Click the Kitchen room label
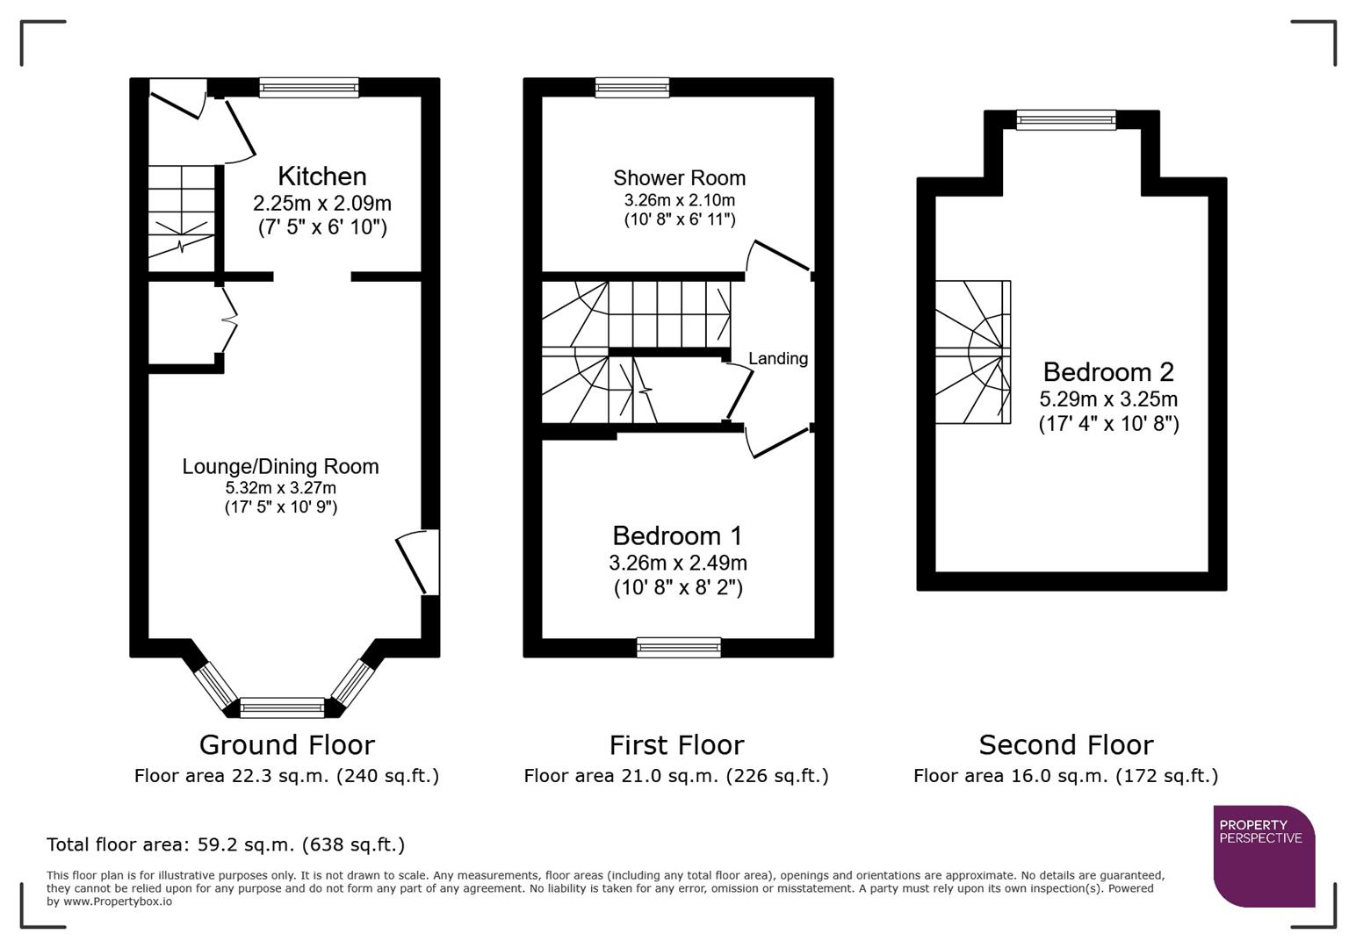coord(321,176)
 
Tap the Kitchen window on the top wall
coord(309,87)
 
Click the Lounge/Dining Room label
coord(280,466)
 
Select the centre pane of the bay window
coord(283,707)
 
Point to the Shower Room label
coord(679,178)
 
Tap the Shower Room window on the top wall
coord(631,87)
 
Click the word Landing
coord(777,358)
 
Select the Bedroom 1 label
coord(677,535)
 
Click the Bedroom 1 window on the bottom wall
coord(679,648)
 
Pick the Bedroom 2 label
coord(1107,371)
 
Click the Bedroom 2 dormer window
coord(1065,119)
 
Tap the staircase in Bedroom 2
coord(971,352)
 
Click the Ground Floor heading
coord(286,744)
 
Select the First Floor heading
coord(676,744)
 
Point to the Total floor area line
coord(226,844)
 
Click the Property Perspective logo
coord(1263,855)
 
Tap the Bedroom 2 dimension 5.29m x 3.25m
coord(1107,399)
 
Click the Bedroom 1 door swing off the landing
coord(776,442)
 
